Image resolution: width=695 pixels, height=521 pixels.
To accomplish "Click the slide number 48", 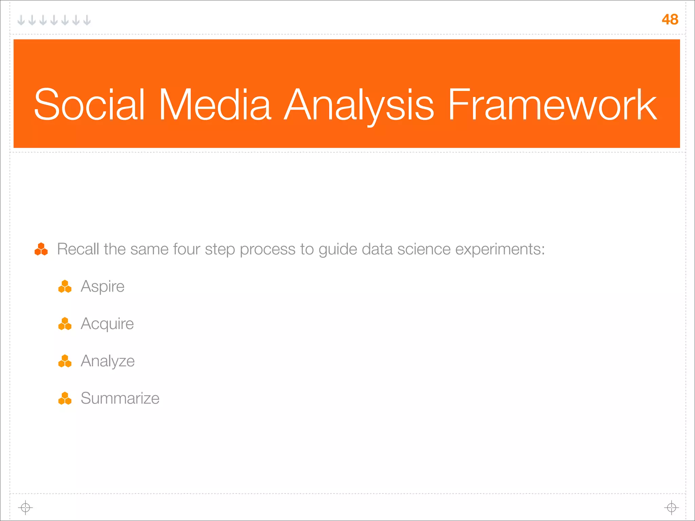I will pos(670,19).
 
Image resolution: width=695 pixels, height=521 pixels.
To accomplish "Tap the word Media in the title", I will pos(215,104).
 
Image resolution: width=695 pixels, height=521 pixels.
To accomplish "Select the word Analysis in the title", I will pos(359,104).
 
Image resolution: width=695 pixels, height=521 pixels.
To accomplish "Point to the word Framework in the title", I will pos(552,104).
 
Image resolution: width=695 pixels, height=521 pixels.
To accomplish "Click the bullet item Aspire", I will pos(102,286).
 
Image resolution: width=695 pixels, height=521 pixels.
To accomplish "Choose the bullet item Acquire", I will pos(107,324).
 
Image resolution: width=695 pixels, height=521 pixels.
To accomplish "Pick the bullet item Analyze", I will pos(108,361).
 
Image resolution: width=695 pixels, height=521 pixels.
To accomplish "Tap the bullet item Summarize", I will pos(120,398).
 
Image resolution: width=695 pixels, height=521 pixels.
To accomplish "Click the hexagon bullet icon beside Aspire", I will pos(65,287).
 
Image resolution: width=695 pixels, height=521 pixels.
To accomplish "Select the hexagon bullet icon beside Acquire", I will pos(65,324).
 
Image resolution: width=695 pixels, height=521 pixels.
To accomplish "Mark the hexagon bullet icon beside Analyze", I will pos(65,361).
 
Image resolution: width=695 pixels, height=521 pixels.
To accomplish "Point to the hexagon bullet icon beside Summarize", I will pos(65,399).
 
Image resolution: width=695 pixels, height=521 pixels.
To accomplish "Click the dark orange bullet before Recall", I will pos(41,249).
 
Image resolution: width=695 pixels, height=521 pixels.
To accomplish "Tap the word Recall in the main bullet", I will pos(78,249).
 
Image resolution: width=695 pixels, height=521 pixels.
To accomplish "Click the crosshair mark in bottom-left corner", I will pos(25,508).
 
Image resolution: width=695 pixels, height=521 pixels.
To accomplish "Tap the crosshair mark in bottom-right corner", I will pos(671,508).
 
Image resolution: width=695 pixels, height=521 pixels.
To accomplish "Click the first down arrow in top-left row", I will pos(21,20).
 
